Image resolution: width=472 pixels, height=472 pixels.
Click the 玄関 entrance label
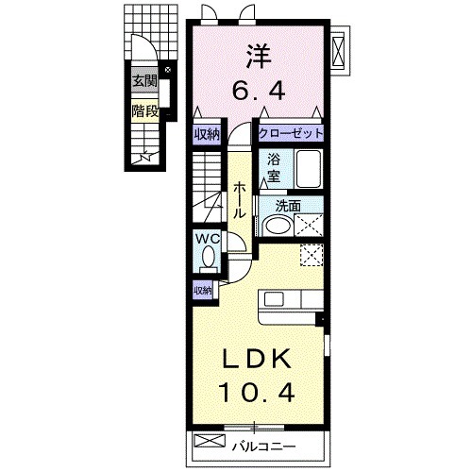tap(144, 81)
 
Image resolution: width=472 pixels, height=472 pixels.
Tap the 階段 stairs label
tap(144, 110)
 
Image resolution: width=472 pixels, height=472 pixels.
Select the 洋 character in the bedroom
tap(259, 57)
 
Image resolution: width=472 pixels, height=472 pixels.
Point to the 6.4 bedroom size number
tap(259, 91)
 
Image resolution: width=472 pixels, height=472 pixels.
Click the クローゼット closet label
tap(291, 134)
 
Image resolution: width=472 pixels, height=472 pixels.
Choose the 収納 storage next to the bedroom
tap(207, 135)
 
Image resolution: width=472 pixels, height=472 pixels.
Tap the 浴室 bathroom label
tap(274, 168)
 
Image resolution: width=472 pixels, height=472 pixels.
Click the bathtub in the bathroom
tap(309, 169)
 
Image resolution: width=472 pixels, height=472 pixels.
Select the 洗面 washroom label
tap(288, 206)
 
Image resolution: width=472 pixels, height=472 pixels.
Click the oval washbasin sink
tap(278, 225)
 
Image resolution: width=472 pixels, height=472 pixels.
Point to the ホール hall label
tap(239, 199)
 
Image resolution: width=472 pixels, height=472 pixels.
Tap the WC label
tap(208, 239)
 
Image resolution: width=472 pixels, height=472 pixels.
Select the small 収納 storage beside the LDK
tap(203, 291)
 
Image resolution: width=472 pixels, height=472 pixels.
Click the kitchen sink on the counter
tap(274, 298)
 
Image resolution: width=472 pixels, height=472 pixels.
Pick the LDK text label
tap(257, 359)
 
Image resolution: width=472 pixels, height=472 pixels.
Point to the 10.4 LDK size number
tap(258, 393)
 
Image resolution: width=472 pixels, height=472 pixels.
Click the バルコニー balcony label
tap(263, 446)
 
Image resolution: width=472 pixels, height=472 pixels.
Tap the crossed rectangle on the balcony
tap(210, 441)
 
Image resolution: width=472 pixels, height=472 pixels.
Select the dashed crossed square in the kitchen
tap(312, 256)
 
